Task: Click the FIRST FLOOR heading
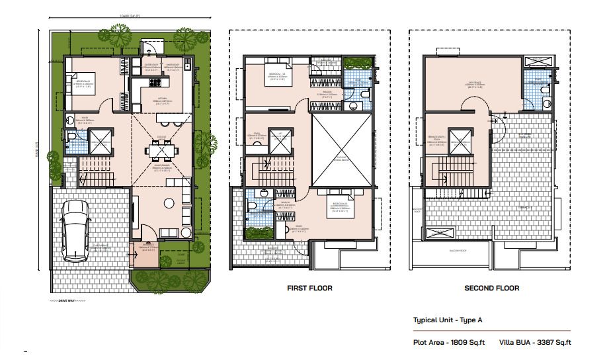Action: tap(309, 289)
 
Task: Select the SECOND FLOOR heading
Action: tap(491, 289)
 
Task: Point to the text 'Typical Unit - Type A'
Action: tap(448, 320)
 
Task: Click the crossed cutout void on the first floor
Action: tap(341, 150)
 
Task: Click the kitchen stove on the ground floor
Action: tap(157, 83)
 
